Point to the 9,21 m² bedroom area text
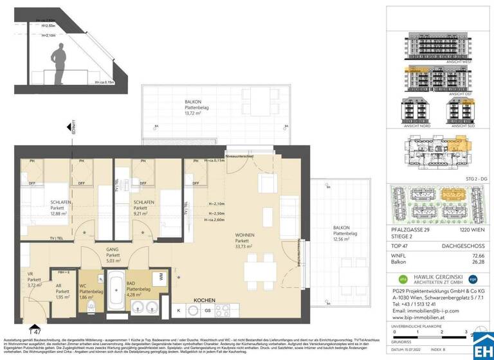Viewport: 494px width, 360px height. tap(143, 213)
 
